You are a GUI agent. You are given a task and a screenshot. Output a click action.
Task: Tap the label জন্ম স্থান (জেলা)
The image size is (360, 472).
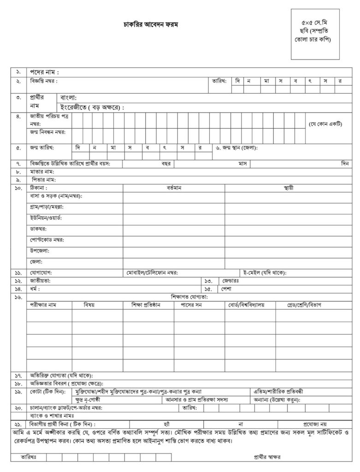[x=236, y=148]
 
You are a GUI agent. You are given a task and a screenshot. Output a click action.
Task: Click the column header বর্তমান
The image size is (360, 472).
[x=174, y=188]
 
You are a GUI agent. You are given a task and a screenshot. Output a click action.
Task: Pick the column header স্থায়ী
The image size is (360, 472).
[x=289, y=188]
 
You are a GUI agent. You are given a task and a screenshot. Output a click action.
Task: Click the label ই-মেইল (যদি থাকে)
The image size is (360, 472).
[x=265, y=273]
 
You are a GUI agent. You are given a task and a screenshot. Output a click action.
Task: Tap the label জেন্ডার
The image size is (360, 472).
[x=230, y=281]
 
